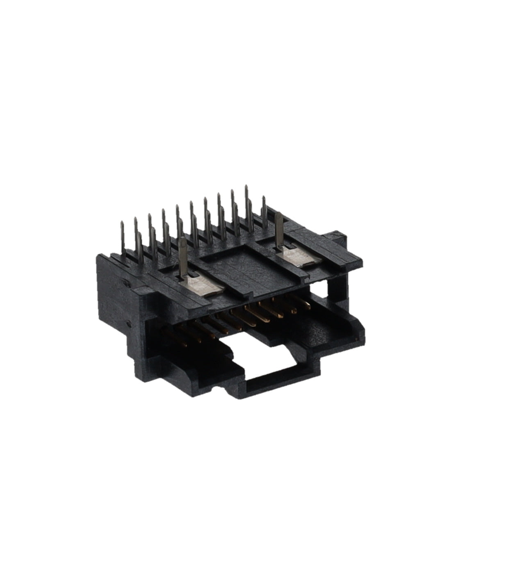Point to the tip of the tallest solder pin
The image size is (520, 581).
[246, 187]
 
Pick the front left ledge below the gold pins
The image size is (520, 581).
[193, 361]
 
